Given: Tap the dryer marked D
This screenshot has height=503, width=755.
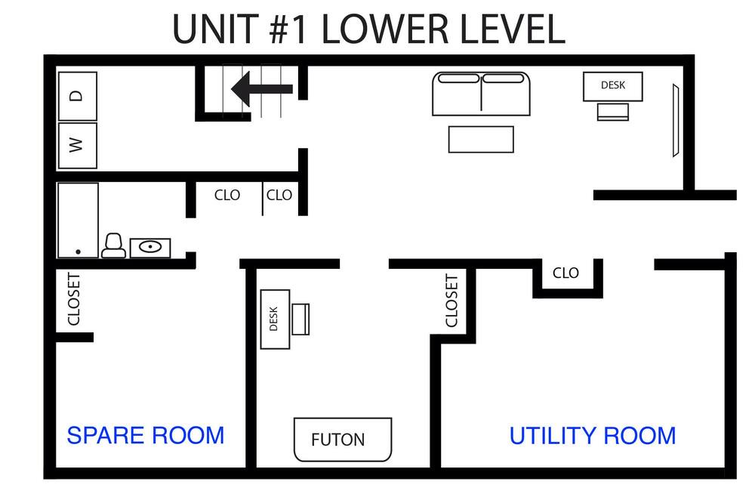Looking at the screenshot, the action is click(x=78, y=96).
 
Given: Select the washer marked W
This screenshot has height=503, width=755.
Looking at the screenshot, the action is click(x=78, y=146).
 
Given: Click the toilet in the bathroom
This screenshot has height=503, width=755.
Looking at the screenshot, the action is click(x=114, y=245).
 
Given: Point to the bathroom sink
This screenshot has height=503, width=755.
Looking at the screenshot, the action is click(x=150, y=248).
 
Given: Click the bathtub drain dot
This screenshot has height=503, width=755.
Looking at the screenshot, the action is click(x=78, y=251).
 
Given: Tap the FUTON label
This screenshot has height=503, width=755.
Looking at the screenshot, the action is click(x=337, y=440).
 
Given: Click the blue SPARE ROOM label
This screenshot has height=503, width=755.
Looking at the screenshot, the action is click(x=146, y=436).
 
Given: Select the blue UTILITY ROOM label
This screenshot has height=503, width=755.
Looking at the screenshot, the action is click(x=593, y=436).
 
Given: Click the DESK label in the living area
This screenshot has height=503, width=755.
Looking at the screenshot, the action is click(x=613, y=85).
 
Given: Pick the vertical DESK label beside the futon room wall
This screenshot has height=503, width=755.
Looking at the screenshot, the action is click(x=273, y=319).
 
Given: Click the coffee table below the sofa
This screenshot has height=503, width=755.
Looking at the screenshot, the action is click(x=481, y=139).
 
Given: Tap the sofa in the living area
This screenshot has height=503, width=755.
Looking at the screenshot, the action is click(x=481, y=94).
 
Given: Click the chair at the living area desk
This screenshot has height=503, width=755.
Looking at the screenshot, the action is click(x=613, y=112).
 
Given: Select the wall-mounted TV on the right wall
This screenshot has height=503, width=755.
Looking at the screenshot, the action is click(x=676, y=120).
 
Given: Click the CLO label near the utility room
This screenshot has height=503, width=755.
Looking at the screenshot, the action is click(x=565, y=273).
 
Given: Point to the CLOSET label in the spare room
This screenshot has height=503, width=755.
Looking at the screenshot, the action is click(x=74, y=299).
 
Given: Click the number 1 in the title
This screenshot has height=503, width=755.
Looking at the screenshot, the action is click(x=298, y=30).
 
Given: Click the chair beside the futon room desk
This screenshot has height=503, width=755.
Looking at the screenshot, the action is click(x=300, y=319).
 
